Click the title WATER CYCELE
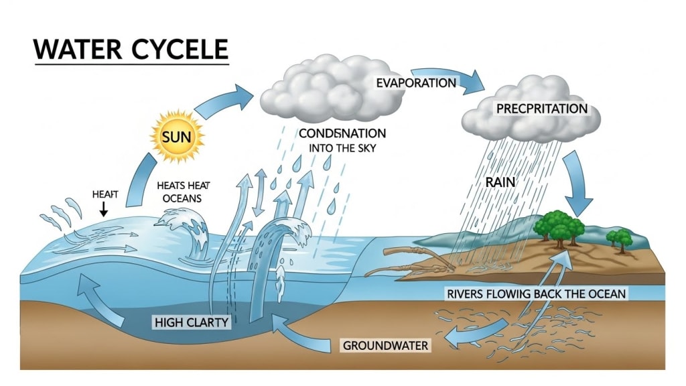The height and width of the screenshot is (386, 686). point(131,50)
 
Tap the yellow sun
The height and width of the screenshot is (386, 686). point(177,138)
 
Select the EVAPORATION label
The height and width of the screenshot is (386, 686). point(415,83)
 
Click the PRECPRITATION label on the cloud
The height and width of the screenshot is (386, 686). point(541,108)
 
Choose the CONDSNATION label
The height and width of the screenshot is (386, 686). point(342,133)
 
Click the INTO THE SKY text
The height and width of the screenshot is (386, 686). point(342,148)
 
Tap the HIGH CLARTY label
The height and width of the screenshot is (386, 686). point(192,322)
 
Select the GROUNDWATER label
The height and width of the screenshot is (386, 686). point(385,346)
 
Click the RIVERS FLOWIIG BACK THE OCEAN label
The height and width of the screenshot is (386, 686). point(535,294)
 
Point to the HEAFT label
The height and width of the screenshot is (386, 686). point(104,194)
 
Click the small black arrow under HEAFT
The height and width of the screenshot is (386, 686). point(104,208)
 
